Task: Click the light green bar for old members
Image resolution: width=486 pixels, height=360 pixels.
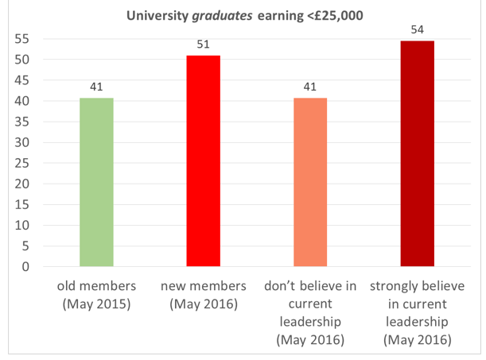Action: pos(96,182)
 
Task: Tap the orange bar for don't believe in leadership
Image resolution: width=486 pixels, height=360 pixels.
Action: pos(309,182)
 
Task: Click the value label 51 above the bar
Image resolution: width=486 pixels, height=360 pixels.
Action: pos(203,45)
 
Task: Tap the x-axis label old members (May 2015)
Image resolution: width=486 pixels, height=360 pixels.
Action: pos(96,295)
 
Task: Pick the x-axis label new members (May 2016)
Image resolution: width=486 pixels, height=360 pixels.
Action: pos(203,295)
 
